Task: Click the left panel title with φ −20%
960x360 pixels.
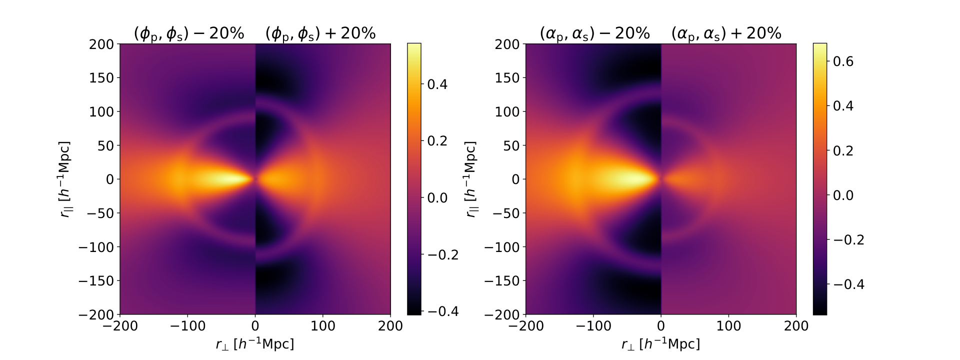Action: pos(189,33)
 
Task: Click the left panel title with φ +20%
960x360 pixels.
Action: pos(320,33)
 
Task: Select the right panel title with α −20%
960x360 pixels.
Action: pos(594,33)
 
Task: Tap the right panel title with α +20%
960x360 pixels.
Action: pos(726,33)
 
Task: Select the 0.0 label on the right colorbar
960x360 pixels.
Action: pos(843,195)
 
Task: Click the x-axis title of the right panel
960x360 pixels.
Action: pos(660,344)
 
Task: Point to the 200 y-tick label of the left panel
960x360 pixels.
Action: pos(102,44)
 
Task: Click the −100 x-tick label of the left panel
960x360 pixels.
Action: pos(187,326)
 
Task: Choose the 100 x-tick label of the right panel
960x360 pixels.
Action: pos(728,326)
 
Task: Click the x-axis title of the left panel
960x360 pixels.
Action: pos(255,344)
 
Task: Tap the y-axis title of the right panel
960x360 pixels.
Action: pos(470,179)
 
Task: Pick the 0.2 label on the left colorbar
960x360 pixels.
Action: pos(437,140)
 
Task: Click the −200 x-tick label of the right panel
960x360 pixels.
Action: pos(525,326)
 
